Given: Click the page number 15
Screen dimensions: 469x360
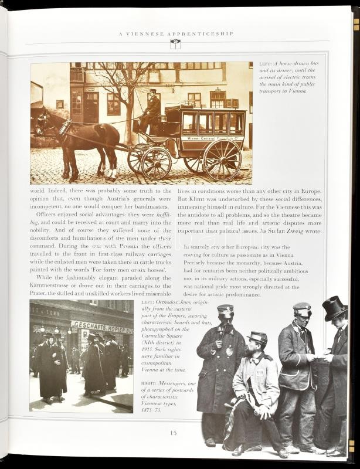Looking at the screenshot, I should [173, 433].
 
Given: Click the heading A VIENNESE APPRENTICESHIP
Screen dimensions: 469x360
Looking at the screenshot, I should [176, 34].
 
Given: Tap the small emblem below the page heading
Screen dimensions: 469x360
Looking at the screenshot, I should [175, 44].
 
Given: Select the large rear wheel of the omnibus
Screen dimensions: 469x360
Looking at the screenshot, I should [222, 159].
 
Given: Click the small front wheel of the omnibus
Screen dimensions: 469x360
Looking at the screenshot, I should [155, 162].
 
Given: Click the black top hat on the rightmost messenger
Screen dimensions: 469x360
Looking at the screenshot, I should [335, 308].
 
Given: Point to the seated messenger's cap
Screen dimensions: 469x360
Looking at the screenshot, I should [258, 337].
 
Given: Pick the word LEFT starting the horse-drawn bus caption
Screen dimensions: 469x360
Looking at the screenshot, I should [265, 64].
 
